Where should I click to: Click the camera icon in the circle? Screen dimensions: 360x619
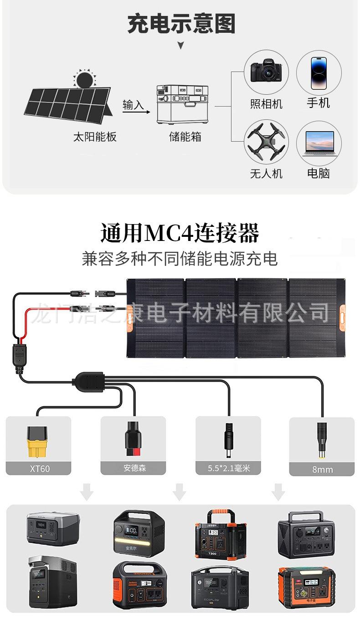[x=267, y=72]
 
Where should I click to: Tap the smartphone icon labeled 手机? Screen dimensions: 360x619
[x=319, y=73]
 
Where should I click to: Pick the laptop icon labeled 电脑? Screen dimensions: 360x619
[x=319, y=143]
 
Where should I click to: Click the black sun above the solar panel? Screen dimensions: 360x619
[x=84, y=80]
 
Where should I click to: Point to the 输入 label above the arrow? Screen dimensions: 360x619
[x=133, y=105]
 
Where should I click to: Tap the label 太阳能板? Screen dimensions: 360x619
[x=95, y=137]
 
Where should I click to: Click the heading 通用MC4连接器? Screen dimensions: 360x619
[x=180, y=233]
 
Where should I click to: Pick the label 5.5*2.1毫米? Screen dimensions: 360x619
[x=228, y=468]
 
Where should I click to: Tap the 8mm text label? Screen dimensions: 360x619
[x=322, y=469]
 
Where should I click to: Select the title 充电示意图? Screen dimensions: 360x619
[x=181, y=24]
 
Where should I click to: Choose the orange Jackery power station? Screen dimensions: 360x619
[x=139, y=584]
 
